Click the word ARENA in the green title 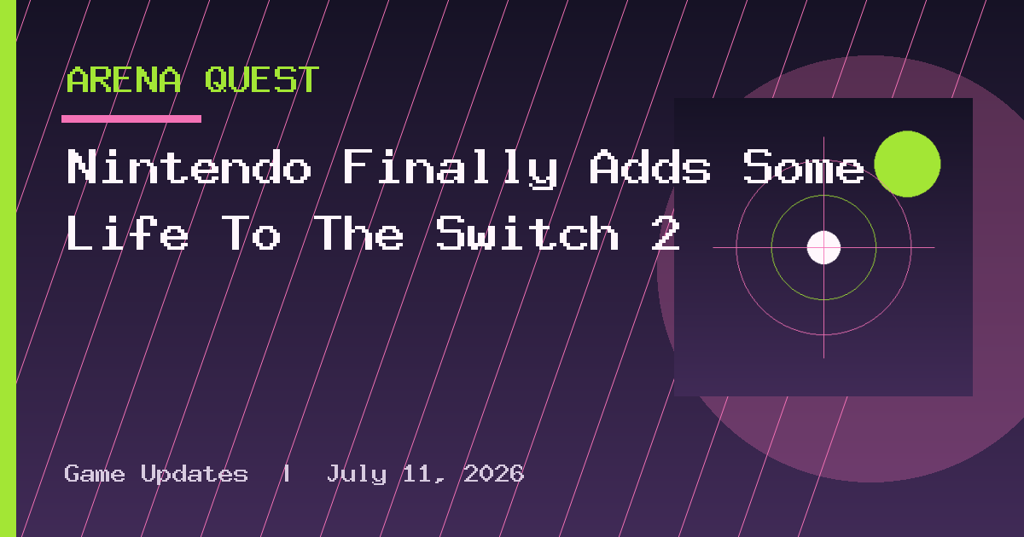(124, 80)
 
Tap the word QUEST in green (262, 80)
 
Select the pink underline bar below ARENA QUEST (131, 118)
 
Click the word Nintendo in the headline (189, 167)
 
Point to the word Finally (451, 169)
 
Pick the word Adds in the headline (650, 167)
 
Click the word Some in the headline (803, 167)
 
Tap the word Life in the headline (127, 233)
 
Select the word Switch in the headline (527, 233)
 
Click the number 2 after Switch (666, 233)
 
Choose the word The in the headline (358, 233)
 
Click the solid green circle (907, 164)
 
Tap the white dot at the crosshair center (823, 247)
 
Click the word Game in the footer (95, 474)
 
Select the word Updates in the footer (195, 475)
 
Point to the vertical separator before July (287, 474)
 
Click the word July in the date (357, 475)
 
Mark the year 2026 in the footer (494, 474)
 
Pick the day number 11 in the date (417, 474)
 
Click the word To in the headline (251, 233)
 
